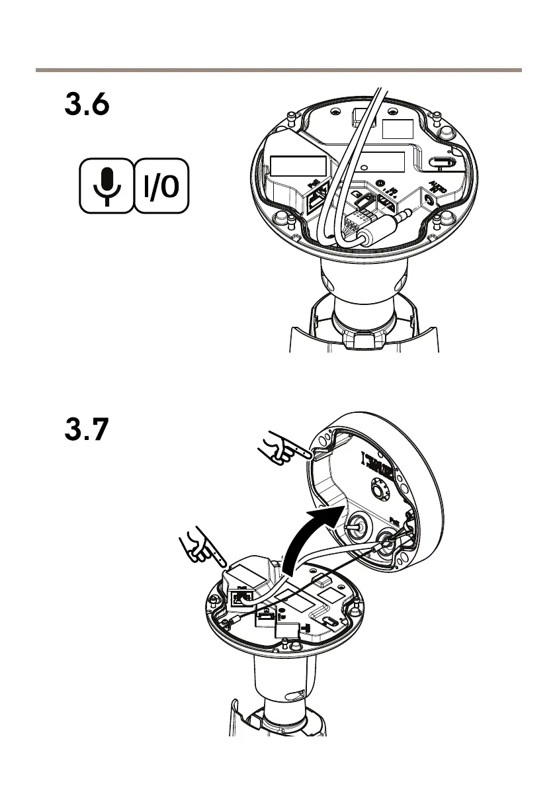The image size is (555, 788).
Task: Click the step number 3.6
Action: pos(87,105)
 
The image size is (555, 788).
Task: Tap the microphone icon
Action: pos(107,186)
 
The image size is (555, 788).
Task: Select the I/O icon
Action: pos(161,186)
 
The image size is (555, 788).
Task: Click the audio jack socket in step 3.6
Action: pos(430,197)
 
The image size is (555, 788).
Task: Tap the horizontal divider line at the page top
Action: pos(278,69)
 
